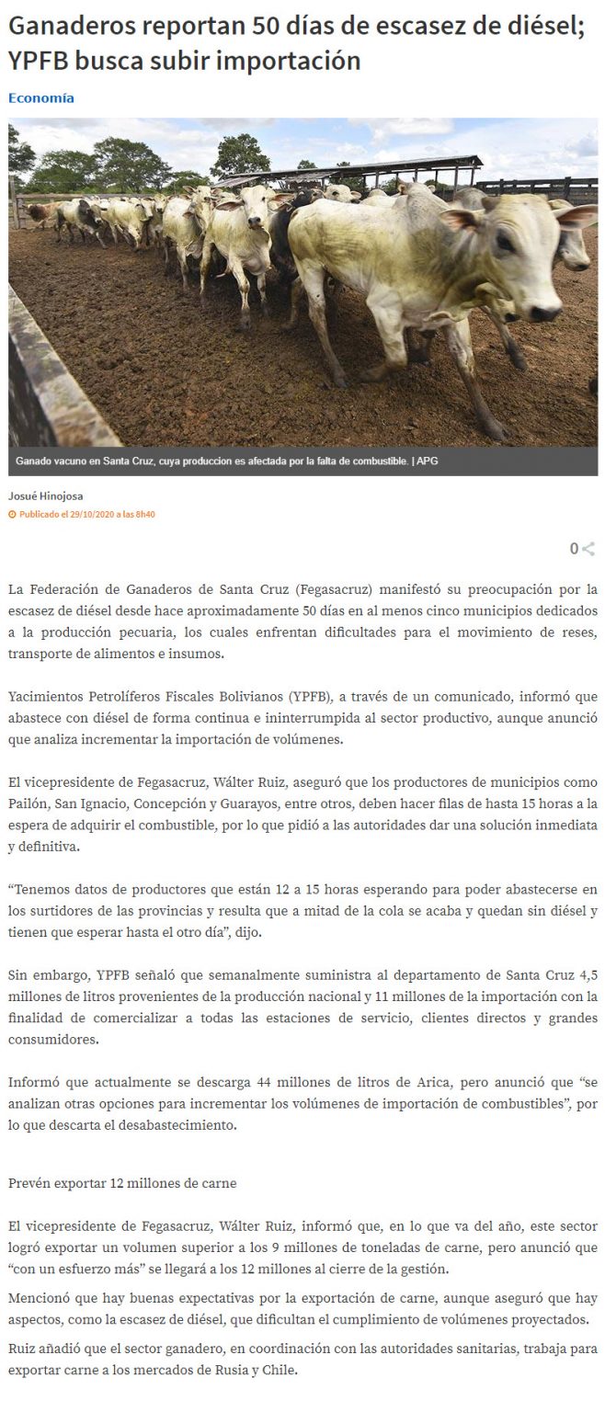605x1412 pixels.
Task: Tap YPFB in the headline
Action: pyautogui.click(x=38, y=62)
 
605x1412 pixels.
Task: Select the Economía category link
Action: pyautogui.click(x=41, y=97)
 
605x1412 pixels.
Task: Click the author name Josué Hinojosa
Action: pyautogui.click(x=46, y=495)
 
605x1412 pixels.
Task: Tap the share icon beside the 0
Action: pyautogui.click(x=588, y=549)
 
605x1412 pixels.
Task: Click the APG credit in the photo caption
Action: pyautogui.click(x=428, y=461)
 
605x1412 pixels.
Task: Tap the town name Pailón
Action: pyautogui.click(x=28, y=803)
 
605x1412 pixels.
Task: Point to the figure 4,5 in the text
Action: pyautogui.click(x=587, y=974)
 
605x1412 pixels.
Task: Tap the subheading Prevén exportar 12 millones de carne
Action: pyautogui.click(x=122, y=1182)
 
